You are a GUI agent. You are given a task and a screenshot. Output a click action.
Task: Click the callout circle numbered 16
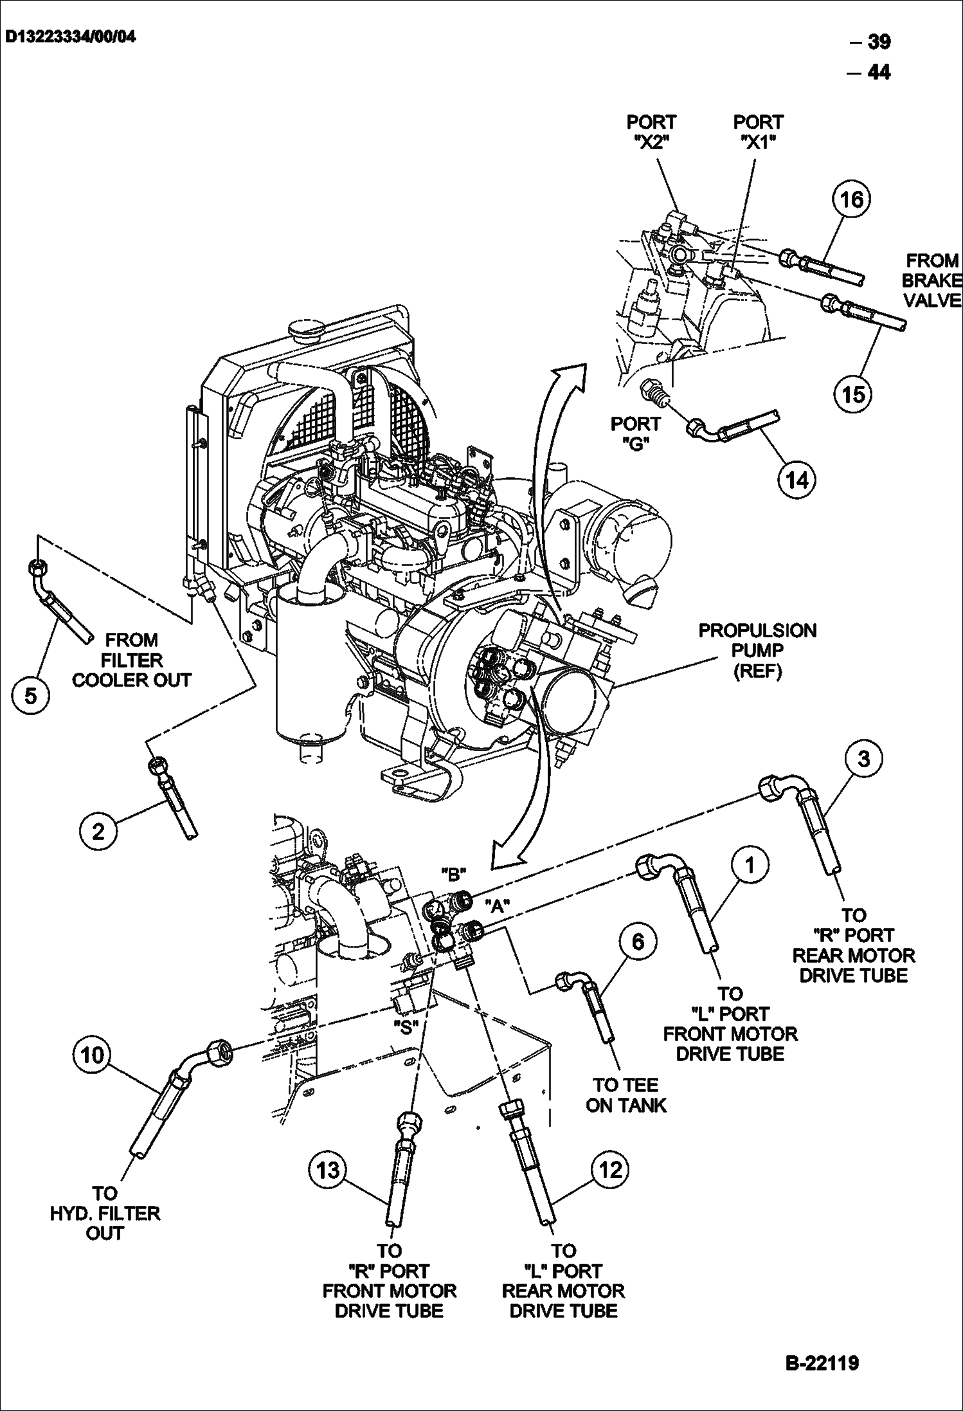pos(852,199)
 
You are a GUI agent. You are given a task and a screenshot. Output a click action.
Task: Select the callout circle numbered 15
pos(853,394)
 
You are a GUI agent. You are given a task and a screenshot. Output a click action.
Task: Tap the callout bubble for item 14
pos(797,480)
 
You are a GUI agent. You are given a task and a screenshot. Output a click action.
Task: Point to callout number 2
pos(98,832)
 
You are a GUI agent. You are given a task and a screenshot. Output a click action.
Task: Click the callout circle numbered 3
pos(863,759)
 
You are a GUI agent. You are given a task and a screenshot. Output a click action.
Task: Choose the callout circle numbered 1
pos(750,865)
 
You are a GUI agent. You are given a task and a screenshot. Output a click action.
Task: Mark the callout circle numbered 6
pos(638,942)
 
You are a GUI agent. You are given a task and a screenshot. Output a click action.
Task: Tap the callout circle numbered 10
pos(92,1055)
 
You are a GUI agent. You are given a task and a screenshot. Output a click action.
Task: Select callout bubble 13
pos(328,1169)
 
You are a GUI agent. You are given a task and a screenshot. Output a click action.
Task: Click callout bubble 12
pos(610,1169)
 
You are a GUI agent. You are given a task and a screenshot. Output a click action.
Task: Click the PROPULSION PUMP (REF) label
pos(757,651)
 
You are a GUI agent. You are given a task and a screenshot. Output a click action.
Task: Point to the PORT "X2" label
pos(651,132)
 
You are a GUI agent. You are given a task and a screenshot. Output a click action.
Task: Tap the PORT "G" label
pos(635,433)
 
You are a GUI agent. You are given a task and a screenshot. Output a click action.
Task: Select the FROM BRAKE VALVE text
pos(932,280)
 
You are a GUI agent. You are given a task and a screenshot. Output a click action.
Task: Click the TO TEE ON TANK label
pos(625,1095)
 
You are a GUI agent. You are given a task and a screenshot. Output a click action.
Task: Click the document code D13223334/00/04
pos(71,37)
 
